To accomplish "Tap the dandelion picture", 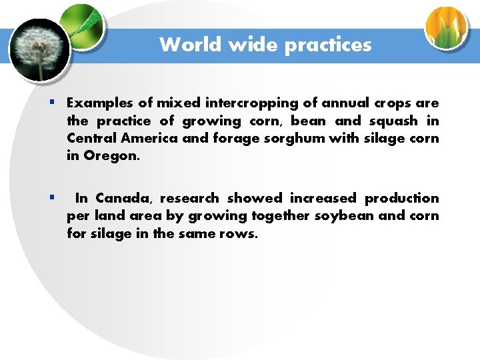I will click(x=40, y=50).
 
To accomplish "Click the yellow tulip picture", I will click(x=447, y=27).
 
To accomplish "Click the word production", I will click(x=402, y=198).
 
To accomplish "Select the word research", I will click(x=189, y=198).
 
